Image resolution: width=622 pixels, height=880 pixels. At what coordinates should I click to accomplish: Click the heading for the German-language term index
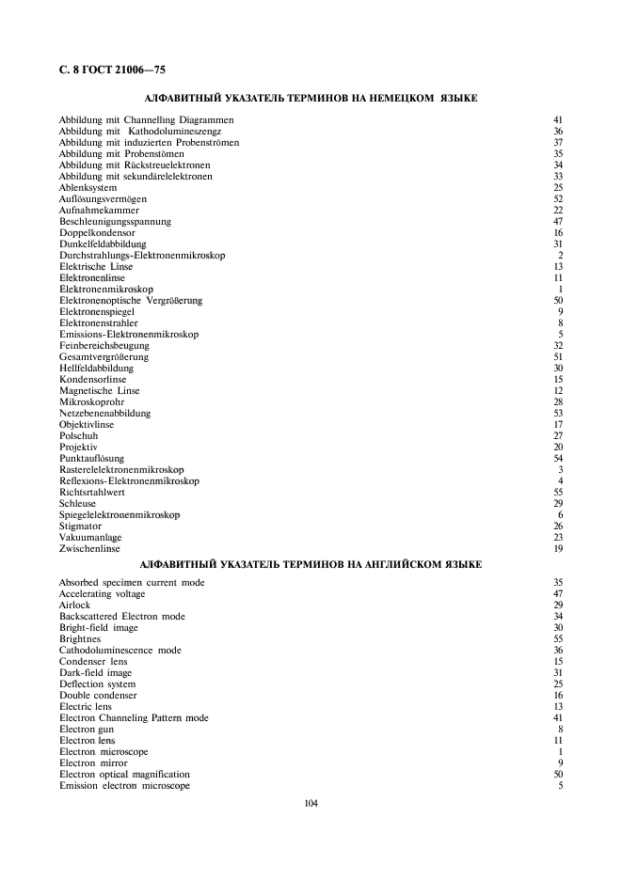[x=311, y=97]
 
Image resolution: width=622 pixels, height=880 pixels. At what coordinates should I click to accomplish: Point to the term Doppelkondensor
[x=97, y=232]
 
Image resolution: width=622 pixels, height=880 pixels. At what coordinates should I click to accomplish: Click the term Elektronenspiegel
[x=97, y=311]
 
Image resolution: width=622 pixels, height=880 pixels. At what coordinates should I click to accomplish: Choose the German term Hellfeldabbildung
[x=97, y=368]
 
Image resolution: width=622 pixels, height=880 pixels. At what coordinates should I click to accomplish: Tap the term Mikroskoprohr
[x=92, y=401]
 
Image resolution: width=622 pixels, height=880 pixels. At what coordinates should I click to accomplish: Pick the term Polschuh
[x=79, y=435]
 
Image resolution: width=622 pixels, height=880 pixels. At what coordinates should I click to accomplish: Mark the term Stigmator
[x=82, y=526]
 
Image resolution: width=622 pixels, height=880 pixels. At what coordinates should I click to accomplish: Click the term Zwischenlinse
[x=89, y=548]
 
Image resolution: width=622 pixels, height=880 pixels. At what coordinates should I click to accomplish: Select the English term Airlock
[x=75, y=605]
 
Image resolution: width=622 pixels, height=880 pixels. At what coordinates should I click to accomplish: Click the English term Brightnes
[x=81, y=638]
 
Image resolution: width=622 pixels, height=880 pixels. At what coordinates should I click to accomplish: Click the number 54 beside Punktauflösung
[x=557, y=458]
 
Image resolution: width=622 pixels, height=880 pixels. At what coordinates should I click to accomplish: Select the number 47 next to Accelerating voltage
[x=557, y=593]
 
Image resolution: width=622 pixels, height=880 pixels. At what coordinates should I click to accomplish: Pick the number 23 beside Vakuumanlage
[x=557, y=537]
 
